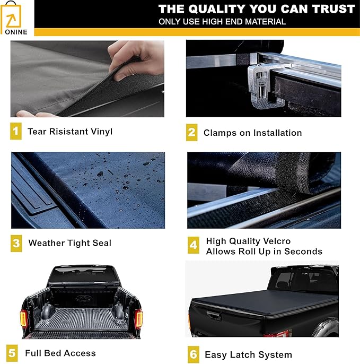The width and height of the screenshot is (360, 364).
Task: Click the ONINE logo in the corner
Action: tap(17, 19)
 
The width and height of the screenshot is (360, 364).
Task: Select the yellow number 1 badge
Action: tap(16, 131)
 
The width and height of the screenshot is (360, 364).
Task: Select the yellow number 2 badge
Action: tap(192, 132)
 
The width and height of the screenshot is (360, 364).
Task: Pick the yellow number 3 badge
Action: tap(16, 243)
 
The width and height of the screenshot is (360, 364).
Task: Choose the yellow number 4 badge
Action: tap(193, 245)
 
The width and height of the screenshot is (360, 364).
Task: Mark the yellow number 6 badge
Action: tap(193, 354)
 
